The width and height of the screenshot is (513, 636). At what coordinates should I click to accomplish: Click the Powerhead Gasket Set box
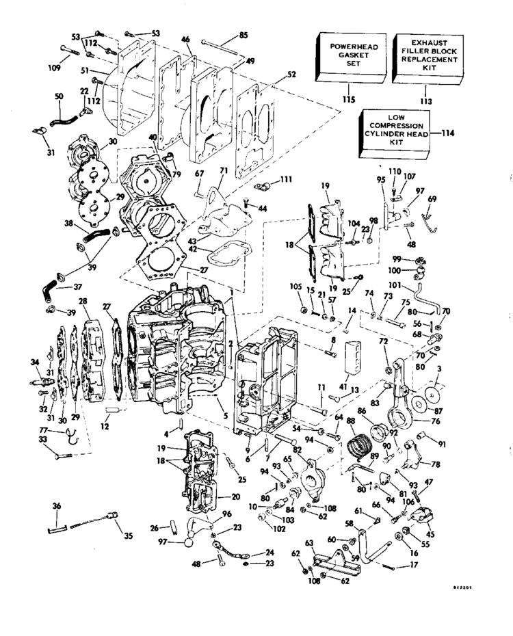tap(349, 57)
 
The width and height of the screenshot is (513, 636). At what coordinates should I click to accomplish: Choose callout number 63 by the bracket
tap(309, 544)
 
